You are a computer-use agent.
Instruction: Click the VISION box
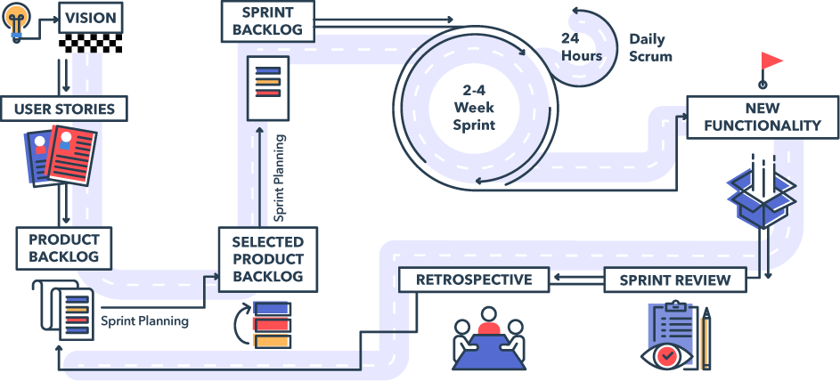[x=89, y=16]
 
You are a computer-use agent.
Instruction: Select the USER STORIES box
[x=64, y=109]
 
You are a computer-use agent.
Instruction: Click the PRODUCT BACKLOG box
[x=64, y=248]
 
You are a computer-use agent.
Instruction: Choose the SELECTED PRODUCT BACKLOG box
[x=267, y=259]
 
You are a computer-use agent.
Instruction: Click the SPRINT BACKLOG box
[x=267, y=20]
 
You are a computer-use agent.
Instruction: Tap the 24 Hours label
[x=581, y=47]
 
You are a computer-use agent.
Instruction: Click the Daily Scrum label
[x=650, y=47]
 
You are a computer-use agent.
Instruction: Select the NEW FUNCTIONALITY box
[x=762, y=117]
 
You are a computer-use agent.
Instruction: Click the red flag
[x=771, y=61]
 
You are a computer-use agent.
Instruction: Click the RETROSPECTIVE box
[x=473, y=280]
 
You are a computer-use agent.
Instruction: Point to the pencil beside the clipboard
[x=705, y=338]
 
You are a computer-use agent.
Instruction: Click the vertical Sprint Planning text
[x=280, y=178]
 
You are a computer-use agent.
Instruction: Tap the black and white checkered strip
[x=89, y=42]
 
